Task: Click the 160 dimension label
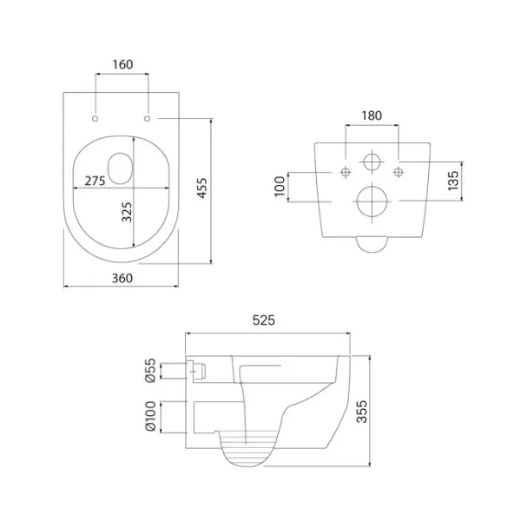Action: click(x=122, y=64)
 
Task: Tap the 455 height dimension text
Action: click(x=202, y=188)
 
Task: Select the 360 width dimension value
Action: click(x=122, y=278)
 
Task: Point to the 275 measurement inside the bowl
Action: click(x=95, y=182)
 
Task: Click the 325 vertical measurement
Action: click(x=127, y=212)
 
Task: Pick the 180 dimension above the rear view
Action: click(x=372, y=116)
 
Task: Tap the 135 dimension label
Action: click(x=453, y=181)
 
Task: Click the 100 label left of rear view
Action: click(x=280, y=187)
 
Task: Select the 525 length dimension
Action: click(x=264, y=320)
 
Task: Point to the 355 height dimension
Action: click(x=362, y=412)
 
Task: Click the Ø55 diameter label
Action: click(x=150, y=370)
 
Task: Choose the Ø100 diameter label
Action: click(x=150, y=416)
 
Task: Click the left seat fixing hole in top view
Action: click(x=95, y=118)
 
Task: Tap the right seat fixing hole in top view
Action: click(x=148, y=118)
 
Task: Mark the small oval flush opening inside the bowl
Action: click(x=121, y=168)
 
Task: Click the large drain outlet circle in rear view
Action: click(x=373, y=201)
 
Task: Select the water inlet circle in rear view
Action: click(x=372, y=162)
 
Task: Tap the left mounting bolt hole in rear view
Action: click(x=346, y=172)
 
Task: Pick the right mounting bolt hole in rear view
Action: click(x=398, y=172)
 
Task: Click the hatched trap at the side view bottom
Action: click(x=249, y=448)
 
